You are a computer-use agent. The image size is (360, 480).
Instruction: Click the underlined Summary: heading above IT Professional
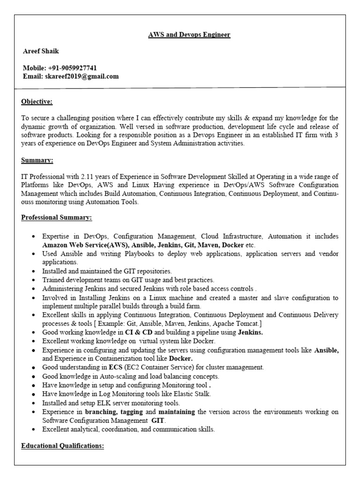37,160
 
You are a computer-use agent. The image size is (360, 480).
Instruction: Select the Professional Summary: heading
57,218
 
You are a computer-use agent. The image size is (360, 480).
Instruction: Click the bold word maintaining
176,412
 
